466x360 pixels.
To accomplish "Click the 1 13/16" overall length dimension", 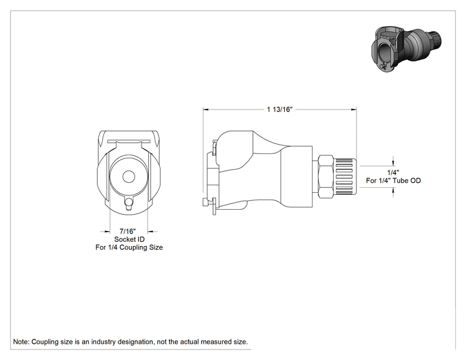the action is tap(279, 110).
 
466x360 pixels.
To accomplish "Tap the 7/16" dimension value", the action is tap(128, 231).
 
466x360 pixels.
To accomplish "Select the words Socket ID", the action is tap(129, 239).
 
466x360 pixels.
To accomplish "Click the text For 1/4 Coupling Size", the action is tap(129, 247).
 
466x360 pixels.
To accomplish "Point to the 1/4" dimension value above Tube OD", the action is tap(393, 172).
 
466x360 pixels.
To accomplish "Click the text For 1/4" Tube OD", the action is tap(393, 180).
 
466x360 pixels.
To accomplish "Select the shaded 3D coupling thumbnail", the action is tap(406, 49).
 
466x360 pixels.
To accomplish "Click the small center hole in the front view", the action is tap(129, 177).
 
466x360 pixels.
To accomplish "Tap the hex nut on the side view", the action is tap(326, 177).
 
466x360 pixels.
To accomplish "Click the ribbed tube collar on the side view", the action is tap(345, 177).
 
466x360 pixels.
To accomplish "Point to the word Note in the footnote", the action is tap(20, 342).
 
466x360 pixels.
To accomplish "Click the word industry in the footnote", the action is tap(103, 342).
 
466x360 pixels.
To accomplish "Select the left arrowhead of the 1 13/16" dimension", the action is tap(206, 110).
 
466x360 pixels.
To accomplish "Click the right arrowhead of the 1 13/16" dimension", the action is tap(354, 110).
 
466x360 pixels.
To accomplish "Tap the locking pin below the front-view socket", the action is tap(128, 203).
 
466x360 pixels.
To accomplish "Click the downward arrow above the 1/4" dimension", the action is tap(393, 162).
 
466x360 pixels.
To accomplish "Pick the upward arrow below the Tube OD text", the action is tap(393, 192).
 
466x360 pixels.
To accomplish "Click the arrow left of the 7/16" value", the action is tap(105, 232).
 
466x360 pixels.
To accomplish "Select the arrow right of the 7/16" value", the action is tap(152, 232).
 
